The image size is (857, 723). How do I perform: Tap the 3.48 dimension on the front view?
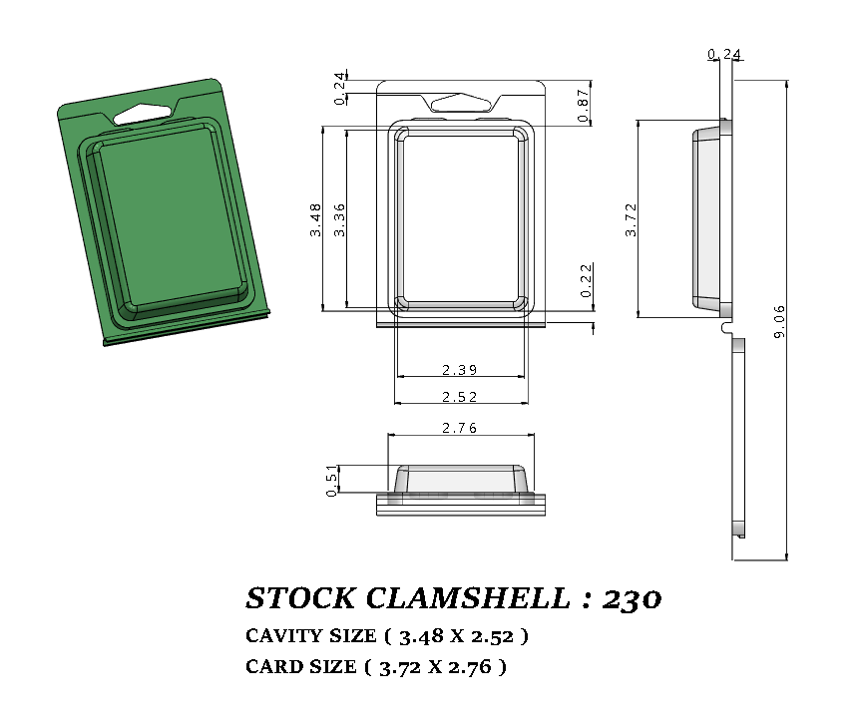pyautogui.click(x=315, y=218)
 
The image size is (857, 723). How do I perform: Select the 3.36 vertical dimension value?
pyautogui.click(x=339, y=218)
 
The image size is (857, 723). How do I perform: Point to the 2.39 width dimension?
pyautogui.click(x=460, y=370)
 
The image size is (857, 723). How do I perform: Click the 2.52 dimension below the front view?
pyautogui.click(x=460, y=397)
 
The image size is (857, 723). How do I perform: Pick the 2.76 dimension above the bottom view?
pyautogui.click(x=460, y=428)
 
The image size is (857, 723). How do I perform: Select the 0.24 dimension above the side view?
pyautogui.click(x=724, y=54)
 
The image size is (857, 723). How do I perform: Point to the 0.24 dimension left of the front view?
pyautogui.click(x=340, y=88)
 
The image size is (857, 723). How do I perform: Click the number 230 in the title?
pyautogui.click(x=633, y=598)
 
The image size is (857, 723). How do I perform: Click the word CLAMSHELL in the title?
pyautogui.click(x=465, y=598)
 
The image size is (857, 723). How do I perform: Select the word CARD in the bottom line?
pyautogui.click(x=271, y=667)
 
